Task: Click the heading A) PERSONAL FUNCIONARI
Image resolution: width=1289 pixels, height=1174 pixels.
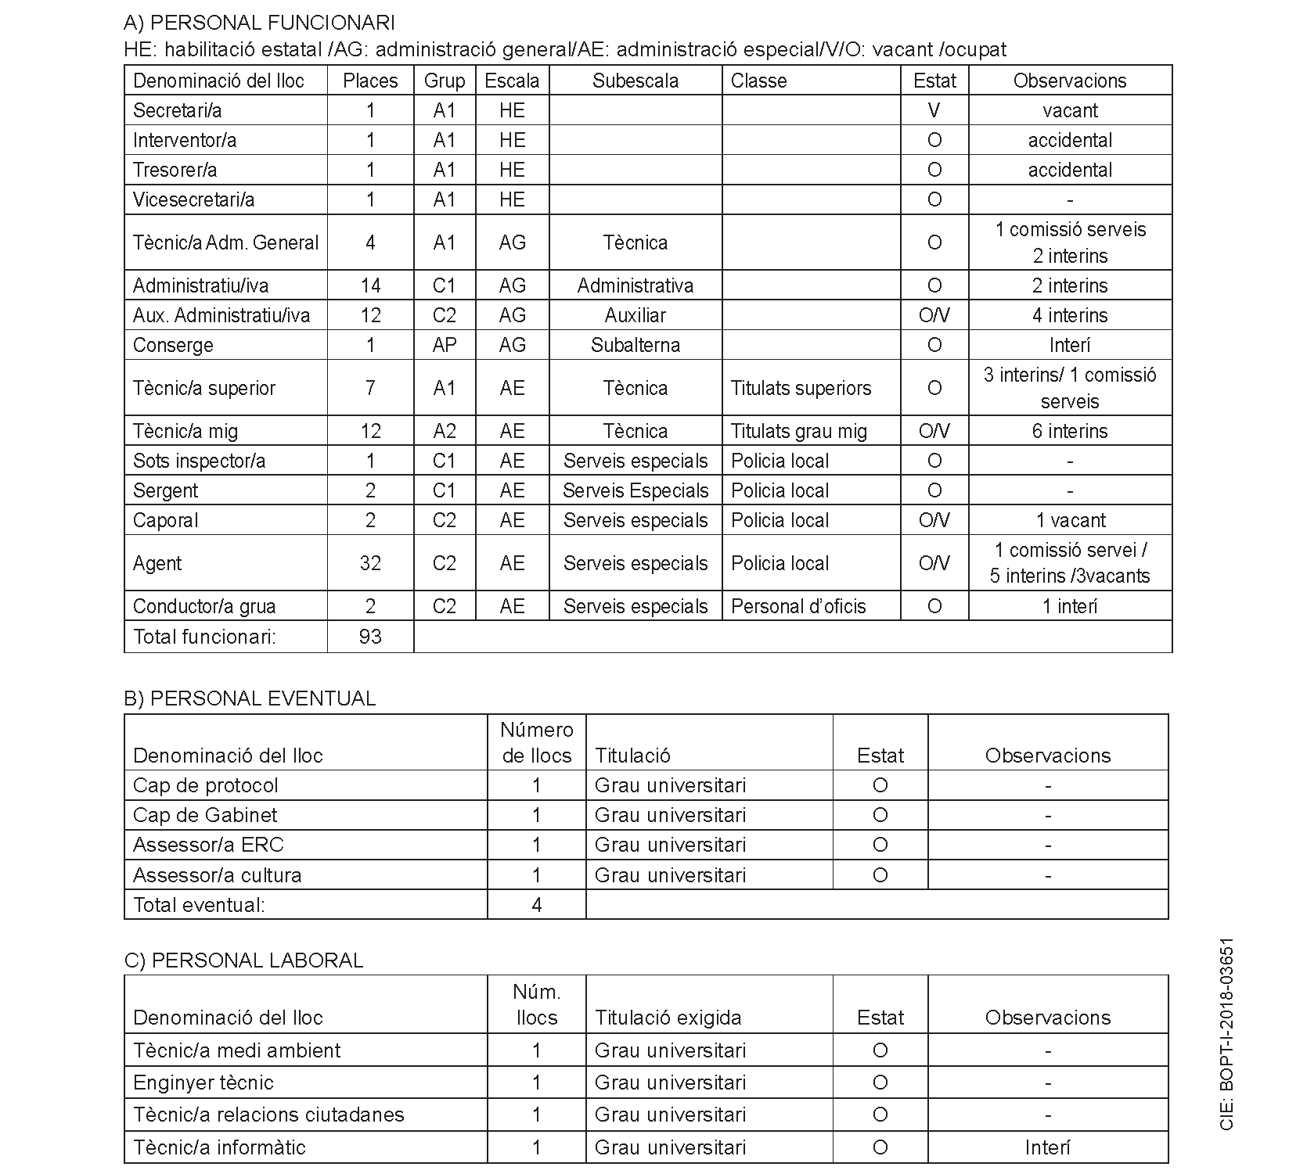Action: pos(259,22)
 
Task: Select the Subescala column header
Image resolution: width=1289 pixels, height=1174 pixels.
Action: pos(635,81)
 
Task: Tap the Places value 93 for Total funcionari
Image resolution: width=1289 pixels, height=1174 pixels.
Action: pos(370,637)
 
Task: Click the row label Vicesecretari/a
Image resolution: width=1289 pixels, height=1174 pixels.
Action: pos(193,199)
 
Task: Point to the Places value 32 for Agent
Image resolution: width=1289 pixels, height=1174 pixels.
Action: pos(370,563)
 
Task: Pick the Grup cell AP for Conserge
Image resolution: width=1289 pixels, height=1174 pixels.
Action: pos(444,345)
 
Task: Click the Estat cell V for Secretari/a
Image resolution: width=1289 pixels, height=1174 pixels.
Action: pos(934,110)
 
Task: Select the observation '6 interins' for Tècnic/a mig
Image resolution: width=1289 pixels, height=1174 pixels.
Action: pos(1069,431)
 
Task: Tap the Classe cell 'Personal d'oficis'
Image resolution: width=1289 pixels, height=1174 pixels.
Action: pos(798,606)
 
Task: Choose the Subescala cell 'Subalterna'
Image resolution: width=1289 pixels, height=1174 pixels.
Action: pos(635,345)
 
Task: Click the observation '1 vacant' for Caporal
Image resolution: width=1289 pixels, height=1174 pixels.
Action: pos(1070,520)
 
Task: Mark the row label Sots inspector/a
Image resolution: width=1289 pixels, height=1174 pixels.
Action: pos(199,461)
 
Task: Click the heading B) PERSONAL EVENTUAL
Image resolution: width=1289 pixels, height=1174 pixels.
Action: pos(250,698)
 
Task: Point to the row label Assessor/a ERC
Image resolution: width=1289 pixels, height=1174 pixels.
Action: pos(208,845)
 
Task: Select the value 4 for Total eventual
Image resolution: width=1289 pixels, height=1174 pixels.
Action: pos(536,905)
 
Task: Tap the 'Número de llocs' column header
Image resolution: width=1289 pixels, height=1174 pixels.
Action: pos(536,742)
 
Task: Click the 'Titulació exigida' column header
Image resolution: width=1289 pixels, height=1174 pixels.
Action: pos(668,1018)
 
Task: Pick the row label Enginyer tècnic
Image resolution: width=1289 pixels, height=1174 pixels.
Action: pos(203,1082)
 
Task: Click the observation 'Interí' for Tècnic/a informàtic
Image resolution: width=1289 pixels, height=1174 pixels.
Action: pos(1047,1147)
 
